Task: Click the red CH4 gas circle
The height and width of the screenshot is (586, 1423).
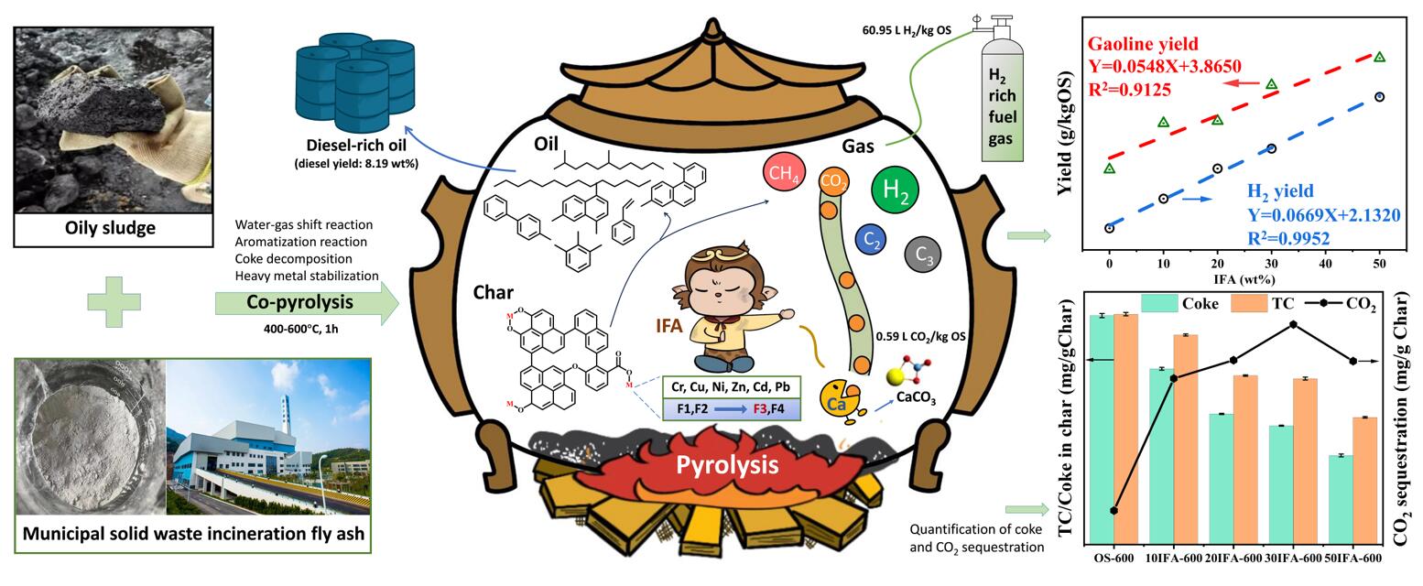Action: click(x=784, y=172)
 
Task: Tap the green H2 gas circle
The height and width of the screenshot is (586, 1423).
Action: click(x=896, y=190)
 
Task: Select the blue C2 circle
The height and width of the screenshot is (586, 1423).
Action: click(x=871, y=240)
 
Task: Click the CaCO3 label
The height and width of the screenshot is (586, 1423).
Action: click(x=916, y=397)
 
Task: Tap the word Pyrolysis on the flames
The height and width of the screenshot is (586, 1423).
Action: click(x=727, y=465)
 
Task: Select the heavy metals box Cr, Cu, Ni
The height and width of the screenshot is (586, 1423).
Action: click(x=731, y=386)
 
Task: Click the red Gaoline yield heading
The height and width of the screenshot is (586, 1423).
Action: click(x=1142, y=44)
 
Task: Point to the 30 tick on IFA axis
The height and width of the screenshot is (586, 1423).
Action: click(x=1271, y=262)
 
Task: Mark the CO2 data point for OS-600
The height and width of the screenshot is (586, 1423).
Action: click(x=1114, y=510)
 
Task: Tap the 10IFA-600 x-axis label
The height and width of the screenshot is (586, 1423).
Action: click(x=1173, y=558)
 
